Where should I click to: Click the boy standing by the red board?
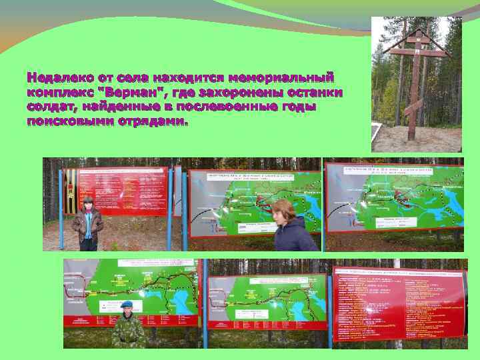pyautogui.click(x=87, y=223)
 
